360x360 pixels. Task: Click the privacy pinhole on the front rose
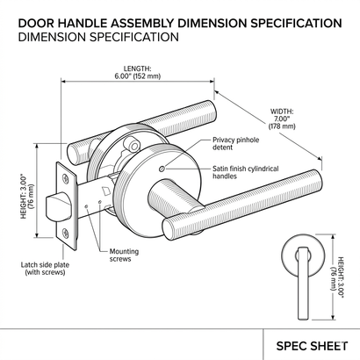162,169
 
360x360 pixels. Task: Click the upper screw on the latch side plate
66,177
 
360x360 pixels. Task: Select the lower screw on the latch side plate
66,233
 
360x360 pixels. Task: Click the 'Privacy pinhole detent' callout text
235,143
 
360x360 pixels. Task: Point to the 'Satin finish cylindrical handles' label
246,172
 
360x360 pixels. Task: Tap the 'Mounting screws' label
124,256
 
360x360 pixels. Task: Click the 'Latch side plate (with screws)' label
45,269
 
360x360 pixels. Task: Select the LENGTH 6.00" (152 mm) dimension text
138,72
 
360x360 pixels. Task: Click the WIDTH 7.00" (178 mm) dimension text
282,119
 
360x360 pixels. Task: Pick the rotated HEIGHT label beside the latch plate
27,197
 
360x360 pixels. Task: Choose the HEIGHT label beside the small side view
337,277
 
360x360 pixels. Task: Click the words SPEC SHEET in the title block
312,346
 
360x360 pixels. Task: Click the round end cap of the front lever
169,229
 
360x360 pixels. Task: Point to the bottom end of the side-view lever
303,319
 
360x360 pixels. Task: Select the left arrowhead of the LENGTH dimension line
63,82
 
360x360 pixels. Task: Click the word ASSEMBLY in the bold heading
144,23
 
